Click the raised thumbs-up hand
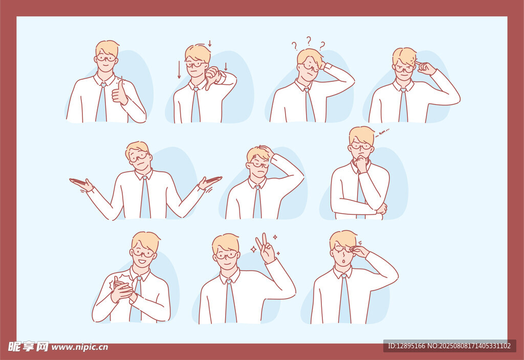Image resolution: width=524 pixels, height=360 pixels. (x=119, y=93)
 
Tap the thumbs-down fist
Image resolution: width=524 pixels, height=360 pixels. (x=212, y=77)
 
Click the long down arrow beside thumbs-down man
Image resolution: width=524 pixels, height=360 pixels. (x=179, y=70)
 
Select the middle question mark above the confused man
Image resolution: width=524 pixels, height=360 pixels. (x=309, y=41)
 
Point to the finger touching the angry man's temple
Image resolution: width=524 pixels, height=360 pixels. (x=421, y=64)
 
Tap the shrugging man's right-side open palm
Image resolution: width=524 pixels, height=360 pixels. (x=209, y=182)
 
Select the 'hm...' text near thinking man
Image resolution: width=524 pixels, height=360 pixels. (x=382, y=132)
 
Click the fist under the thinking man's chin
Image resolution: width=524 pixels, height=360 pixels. (x=361, y=164)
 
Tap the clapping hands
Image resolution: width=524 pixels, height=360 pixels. (x=122, y=290)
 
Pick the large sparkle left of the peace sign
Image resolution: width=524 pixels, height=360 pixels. (x=254, y=249)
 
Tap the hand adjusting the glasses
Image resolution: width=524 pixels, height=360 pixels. (x=359, y=251)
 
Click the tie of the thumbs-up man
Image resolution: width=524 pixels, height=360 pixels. (x=102, y=102)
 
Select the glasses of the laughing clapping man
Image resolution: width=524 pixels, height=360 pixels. (x=143, y=253)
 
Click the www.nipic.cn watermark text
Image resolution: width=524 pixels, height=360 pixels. (x=79, y=347)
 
